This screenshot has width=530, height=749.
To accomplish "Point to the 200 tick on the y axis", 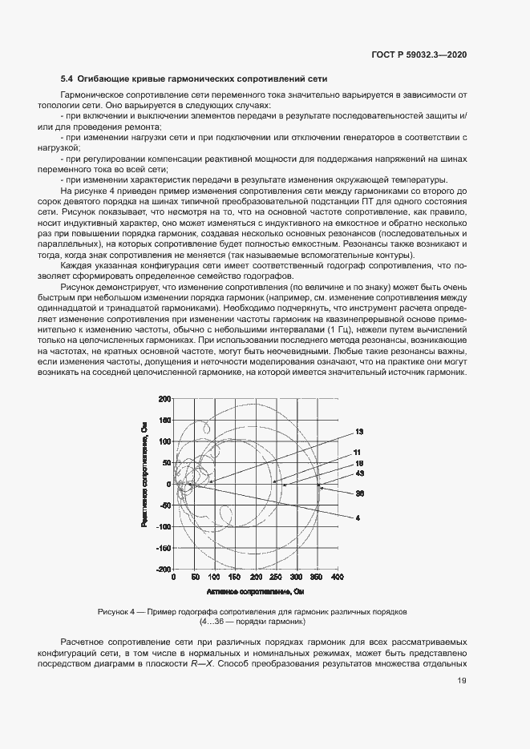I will (x=165, y=398).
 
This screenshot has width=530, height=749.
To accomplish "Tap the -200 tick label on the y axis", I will (x=164, y=570).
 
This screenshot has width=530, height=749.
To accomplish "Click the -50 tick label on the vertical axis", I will (x=165, y=505).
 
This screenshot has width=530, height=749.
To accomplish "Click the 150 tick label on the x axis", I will (x=235, y=577).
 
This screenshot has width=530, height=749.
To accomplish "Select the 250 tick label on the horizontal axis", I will (x=276, y=577).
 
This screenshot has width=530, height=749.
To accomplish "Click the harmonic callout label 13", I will (x=360, y=432).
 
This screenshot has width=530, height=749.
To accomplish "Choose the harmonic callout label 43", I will (x=360, y=473).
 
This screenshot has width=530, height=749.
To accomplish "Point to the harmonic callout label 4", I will (x=358, y=517).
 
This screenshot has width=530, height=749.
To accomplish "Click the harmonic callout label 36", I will (x=360, y=493).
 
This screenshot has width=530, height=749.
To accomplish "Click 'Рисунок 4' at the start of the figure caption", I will (x=119, y=612).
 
